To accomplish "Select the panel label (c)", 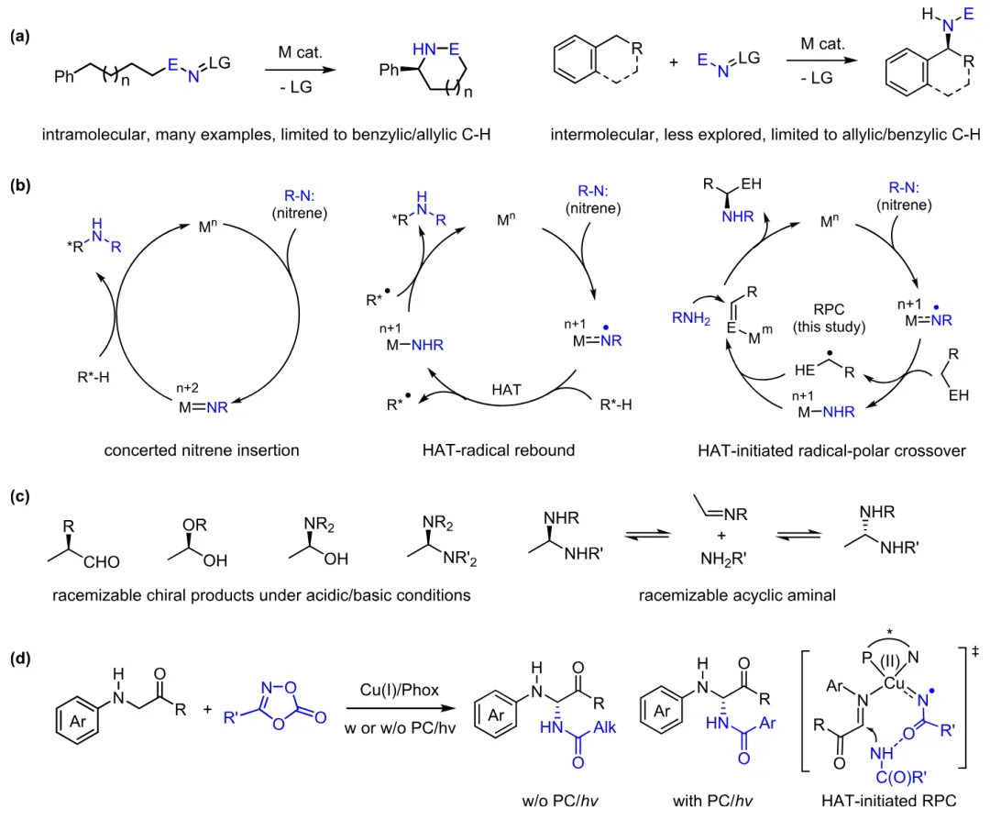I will coord(18,498).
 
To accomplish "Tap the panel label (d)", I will coord(18,659).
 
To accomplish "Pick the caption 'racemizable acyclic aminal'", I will coord(738,594).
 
